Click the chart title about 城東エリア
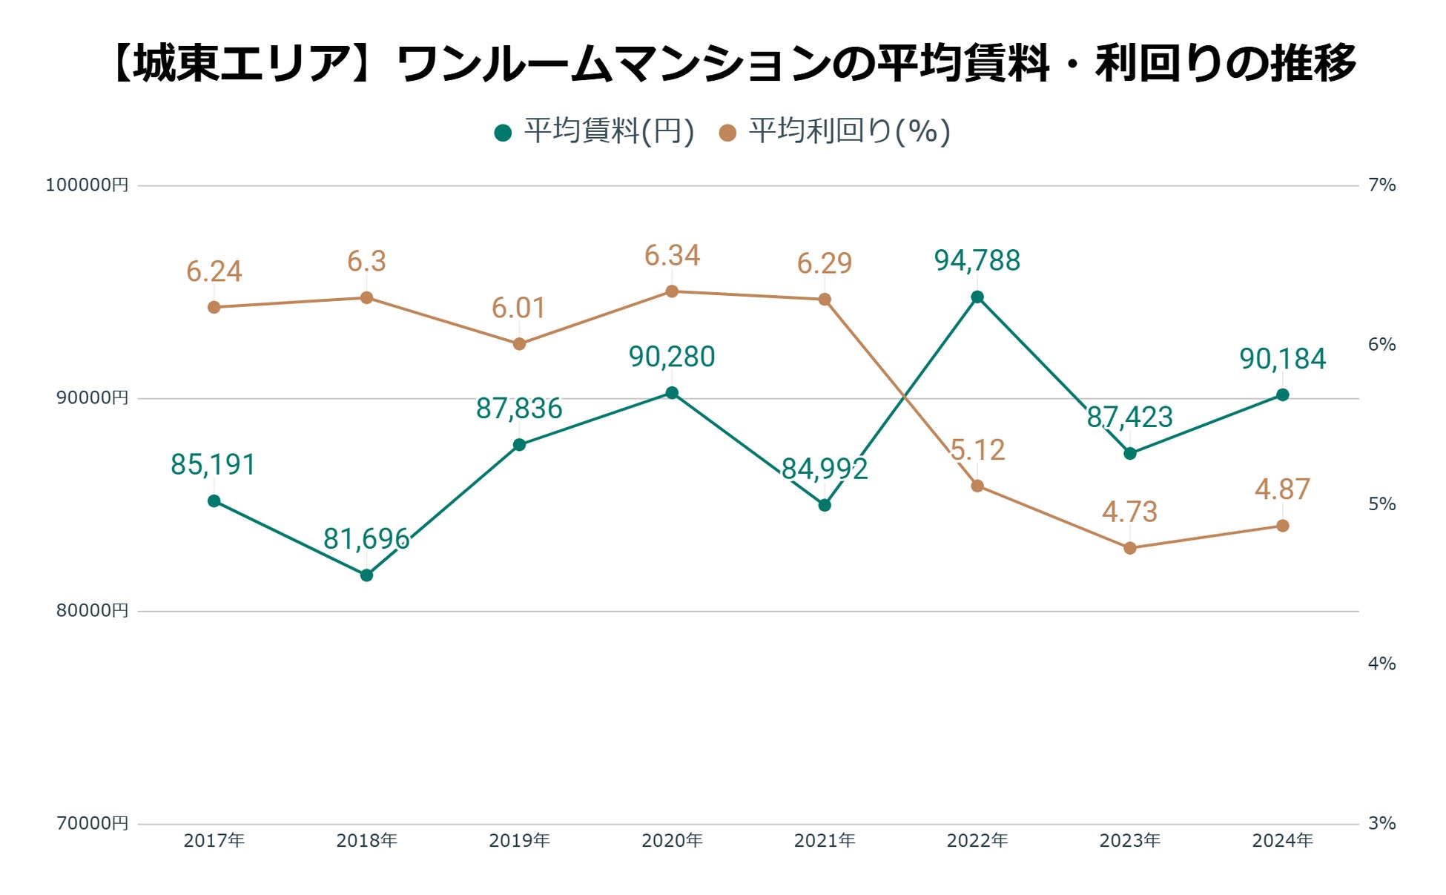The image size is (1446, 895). (734, 64)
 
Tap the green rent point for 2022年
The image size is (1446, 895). (977, 297)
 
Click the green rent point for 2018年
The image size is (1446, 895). (366, 575)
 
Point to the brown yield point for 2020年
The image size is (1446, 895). (672, 291)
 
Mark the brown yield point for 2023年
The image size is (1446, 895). (1130, 548)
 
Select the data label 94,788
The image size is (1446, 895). (977, 261)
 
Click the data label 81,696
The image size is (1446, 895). (366, 539)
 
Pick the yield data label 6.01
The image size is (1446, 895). (519, 308)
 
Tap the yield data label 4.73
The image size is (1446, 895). (1130, 512)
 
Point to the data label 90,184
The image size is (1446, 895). (1283, 359)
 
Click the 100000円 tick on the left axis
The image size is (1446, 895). (87, 185)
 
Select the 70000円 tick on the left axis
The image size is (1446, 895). (92, 823)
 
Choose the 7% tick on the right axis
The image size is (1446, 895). (1382, 185)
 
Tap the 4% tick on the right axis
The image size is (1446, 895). (1382, 664)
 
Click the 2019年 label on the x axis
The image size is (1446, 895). (519, 841)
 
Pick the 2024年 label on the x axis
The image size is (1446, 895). (1283, 841)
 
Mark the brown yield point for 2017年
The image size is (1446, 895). (214, 307)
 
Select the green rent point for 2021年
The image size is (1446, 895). (825, 506)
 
